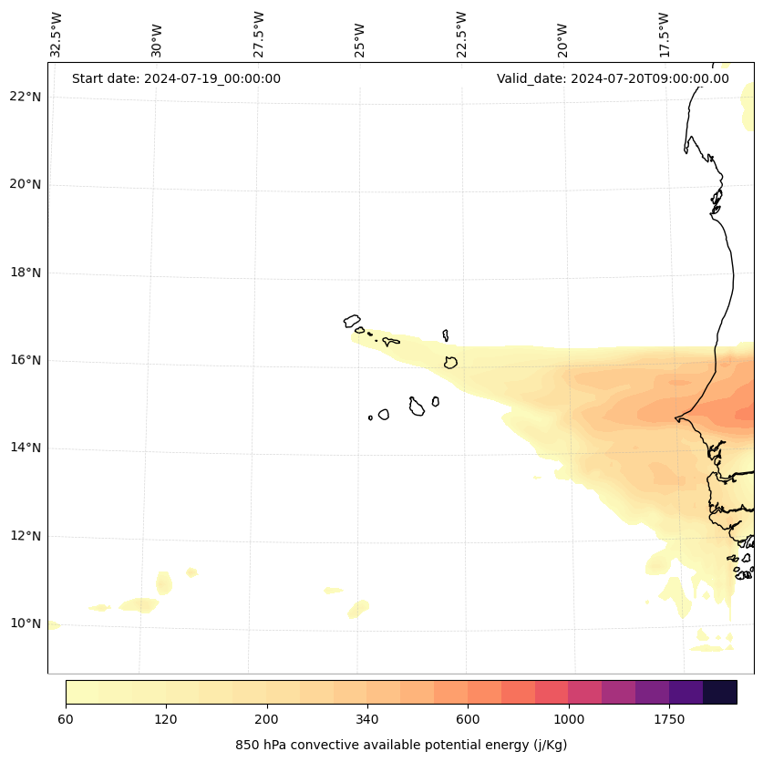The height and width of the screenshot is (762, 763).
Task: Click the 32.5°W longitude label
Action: coord(57,35)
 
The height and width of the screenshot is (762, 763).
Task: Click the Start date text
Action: coord(176,78)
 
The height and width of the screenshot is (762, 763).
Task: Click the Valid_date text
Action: coord(613,78)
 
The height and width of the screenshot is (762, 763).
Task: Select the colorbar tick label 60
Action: coord(66,719)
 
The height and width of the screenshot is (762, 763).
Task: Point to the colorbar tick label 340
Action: coord(367,719)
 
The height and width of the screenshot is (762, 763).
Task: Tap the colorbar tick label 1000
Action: coord(568,719)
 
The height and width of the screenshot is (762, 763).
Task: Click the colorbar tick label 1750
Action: coord(669,719)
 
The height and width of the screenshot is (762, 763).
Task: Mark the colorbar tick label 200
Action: coord(266,719)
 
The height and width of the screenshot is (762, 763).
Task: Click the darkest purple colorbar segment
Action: coord(720,693)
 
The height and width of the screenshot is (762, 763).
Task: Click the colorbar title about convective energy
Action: coord(401,745)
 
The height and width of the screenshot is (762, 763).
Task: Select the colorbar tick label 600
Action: coord(468,719)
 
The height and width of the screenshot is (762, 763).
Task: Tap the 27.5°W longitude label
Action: coord(259,35)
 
